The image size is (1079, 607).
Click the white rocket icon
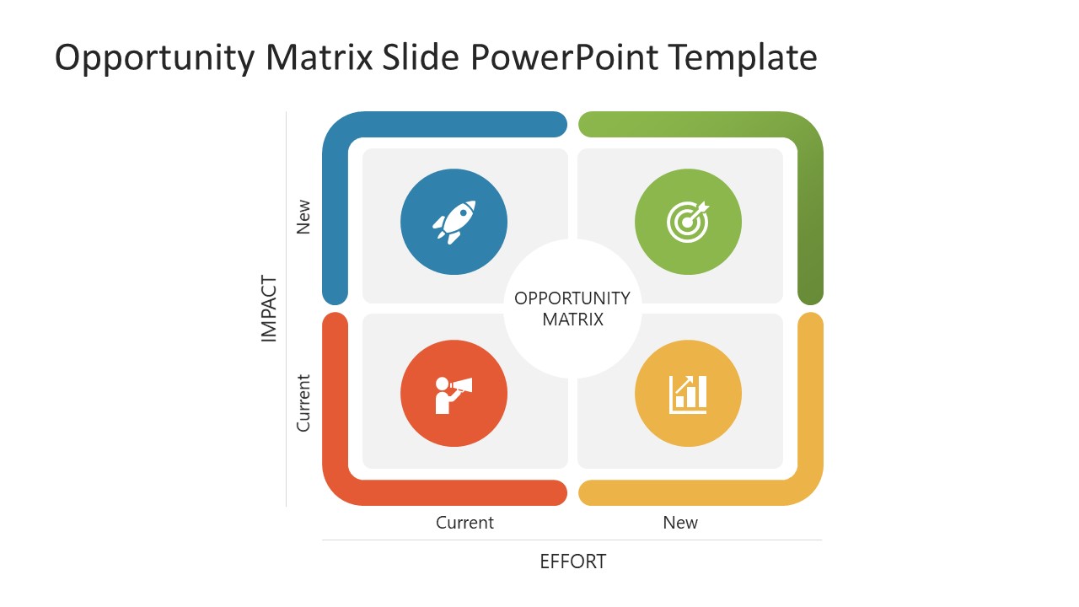[454, 222]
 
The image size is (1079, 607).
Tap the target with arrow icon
[688, 222]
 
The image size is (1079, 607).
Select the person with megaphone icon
[454, 393]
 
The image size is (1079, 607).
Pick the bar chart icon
[688, 394]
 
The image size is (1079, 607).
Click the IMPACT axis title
[269, 309]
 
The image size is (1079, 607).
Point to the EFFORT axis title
[573, 561]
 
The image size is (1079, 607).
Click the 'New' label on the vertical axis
[303, 217]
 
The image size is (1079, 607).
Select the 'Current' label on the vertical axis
[303, 403]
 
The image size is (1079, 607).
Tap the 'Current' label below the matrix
[464, 523]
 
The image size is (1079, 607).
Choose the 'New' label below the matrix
[680, 523]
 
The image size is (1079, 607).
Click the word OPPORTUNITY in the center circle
[572, 298]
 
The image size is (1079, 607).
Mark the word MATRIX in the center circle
[572, 320]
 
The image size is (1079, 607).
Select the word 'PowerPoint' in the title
[564, 58]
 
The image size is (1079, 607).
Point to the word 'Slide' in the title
[421, 58]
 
